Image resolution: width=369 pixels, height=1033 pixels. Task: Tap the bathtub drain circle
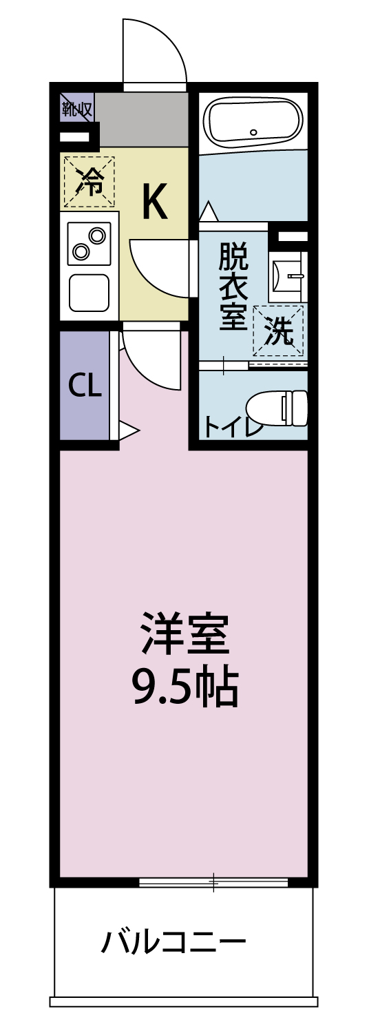click(253, 132)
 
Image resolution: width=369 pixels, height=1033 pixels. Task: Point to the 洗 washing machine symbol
click(279, 331)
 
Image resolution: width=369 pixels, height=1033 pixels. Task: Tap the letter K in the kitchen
click(154, 201)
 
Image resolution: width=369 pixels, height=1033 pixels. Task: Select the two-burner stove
click(89, 244)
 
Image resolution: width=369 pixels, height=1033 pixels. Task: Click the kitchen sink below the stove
click(89, 292)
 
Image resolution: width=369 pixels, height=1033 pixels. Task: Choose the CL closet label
click(85, 387)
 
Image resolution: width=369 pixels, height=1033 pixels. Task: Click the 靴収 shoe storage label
click(76, 107)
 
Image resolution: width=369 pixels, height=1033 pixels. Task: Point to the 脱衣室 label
click(233, 286)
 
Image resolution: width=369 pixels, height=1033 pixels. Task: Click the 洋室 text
click(184, 634)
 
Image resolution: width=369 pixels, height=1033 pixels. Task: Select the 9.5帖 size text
click(184, 687)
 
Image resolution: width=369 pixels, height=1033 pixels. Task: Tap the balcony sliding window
click(213, 882)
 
